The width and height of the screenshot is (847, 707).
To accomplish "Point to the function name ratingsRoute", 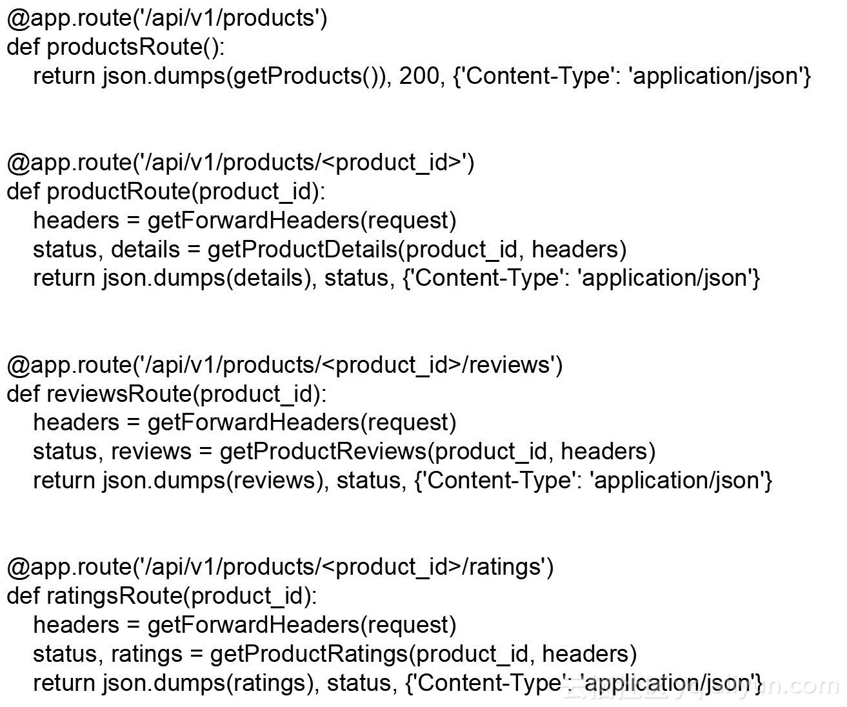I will point(115,595).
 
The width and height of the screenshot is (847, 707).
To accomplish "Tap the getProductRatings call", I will point(308,654).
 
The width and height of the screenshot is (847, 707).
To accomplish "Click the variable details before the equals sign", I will point(145,250).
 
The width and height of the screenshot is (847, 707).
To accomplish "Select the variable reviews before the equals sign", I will point(151,452).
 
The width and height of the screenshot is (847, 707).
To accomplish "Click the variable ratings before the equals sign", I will point(146,654).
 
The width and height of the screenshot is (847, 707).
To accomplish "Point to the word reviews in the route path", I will point(508,365).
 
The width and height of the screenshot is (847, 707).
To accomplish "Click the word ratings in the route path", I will point(504,567).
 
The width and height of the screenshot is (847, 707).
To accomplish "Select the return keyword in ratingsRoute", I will point(63,682).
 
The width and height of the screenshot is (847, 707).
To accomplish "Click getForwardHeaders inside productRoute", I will point(253,221).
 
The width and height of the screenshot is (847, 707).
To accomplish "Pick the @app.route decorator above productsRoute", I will point(68,18).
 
